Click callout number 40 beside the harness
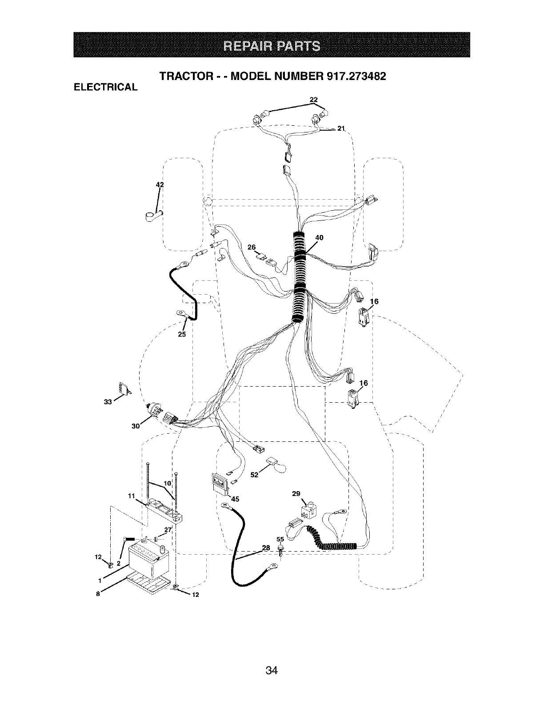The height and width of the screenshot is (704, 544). coord(319,237)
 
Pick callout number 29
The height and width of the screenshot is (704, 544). coord(296,493)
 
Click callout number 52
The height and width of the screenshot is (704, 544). coord(254,475)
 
